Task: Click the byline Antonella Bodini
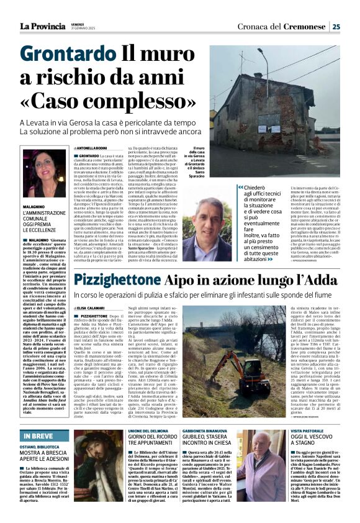(92, 147)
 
